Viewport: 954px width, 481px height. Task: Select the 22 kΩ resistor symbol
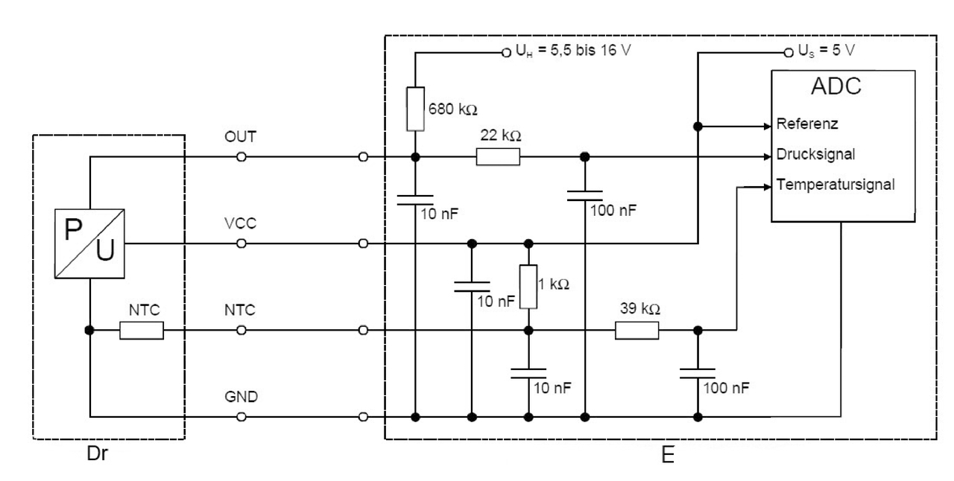[x=498, y=157]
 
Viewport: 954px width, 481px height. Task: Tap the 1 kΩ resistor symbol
[x=528, y=287]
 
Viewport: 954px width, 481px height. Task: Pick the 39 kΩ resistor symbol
[x=636, y=330]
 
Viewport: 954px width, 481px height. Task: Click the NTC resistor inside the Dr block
[x=141, y=330]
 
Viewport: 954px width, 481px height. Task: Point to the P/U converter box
[x=89, y=243]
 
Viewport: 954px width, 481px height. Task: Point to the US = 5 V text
[x=827, y=51]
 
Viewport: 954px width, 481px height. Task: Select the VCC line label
[x=241, y=224]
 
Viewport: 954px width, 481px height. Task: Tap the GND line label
[x=241, y=397]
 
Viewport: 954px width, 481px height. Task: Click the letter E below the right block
[x=668, y=455]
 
